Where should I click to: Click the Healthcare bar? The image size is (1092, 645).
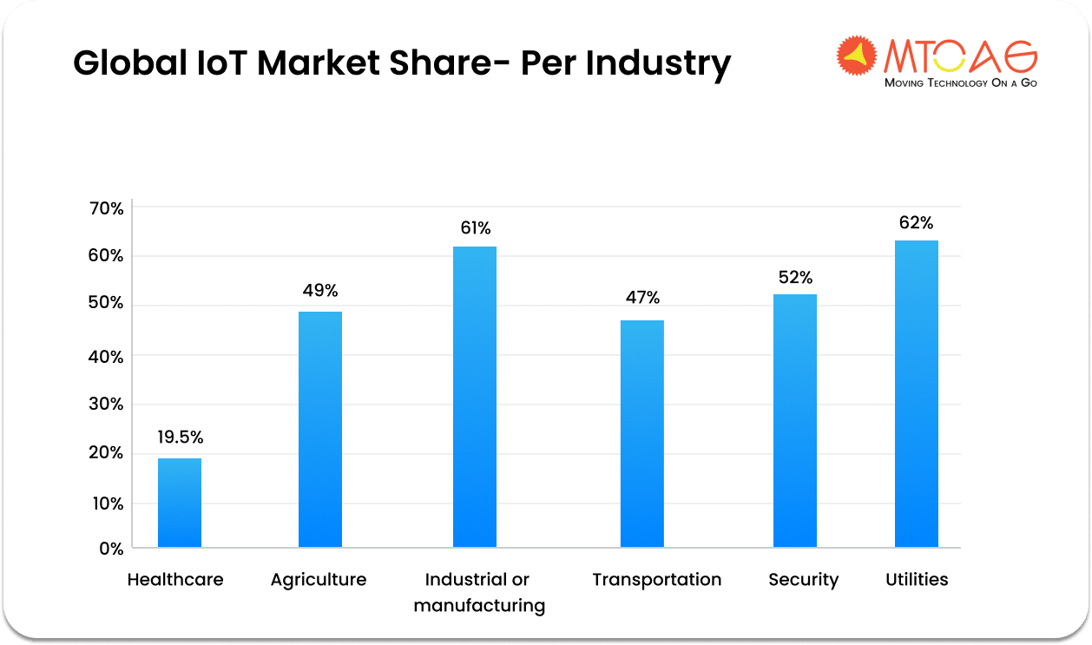179,503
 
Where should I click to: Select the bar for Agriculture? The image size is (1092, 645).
319,429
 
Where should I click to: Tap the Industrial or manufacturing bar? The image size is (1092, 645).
475,397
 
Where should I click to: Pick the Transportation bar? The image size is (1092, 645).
642,433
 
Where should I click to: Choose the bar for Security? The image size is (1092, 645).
795,420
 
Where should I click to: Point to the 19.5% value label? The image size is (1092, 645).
180,438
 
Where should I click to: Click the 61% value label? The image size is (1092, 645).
475,228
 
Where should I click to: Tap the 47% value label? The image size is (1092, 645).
642,298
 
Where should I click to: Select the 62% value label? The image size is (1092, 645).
917,223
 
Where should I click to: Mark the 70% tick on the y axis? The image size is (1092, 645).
106,209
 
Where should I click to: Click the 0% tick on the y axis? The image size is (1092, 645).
111,549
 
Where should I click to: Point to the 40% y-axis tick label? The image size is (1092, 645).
106,356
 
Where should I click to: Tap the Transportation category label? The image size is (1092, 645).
656,580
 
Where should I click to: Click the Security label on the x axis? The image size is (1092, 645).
803,580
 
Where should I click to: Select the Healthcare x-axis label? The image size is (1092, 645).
175,580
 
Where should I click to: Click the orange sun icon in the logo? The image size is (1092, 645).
858,55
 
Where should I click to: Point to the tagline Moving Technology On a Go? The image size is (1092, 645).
960,83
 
